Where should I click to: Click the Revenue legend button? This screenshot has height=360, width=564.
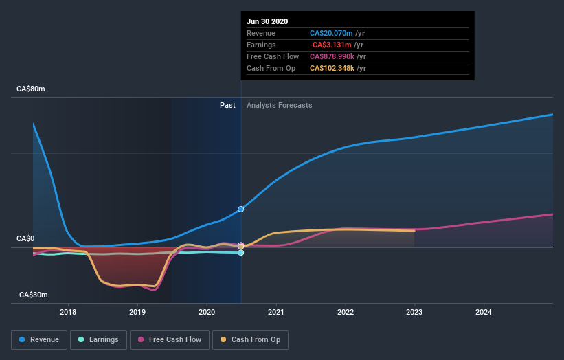[40, 339]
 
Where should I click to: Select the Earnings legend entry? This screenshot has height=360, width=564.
[99, 339]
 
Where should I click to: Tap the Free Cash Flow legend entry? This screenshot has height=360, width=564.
[170, 339]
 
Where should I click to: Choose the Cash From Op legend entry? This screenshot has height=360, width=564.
[251, 339]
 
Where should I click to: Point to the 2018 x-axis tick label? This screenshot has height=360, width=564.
[68, 311]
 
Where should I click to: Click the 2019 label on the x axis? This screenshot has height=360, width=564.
[137, 311]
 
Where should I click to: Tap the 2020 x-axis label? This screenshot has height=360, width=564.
[207, 311]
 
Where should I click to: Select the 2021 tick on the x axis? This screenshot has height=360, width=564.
[276, 311]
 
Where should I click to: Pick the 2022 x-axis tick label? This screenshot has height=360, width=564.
[346, 311]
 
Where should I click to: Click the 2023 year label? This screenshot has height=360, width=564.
[414, 311]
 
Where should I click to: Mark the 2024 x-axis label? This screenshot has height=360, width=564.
[484, 311]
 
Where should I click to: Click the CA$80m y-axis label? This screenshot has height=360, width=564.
[32, 89]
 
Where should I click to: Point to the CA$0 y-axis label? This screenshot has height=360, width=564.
[25, 239]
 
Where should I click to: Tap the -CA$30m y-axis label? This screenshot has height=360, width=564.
[34, 295]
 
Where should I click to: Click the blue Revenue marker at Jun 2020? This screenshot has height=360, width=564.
[241, 209]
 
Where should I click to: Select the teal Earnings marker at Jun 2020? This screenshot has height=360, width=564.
[241, 253]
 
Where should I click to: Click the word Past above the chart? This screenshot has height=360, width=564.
[227, 106]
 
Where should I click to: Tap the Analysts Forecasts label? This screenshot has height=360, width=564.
[279, 106]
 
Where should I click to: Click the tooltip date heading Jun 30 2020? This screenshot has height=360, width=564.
[267, 21]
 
